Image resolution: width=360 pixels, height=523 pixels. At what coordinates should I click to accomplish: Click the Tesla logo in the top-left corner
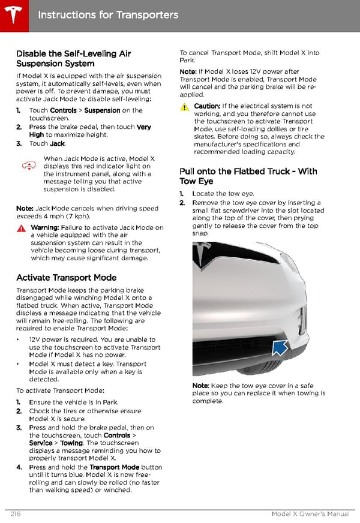13,14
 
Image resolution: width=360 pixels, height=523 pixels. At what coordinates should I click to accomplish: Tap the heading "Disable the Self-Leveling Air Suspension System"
73,58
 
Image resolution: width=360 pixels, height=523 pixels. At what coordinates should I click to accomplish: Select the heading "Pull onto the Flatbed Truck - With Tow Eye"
248,176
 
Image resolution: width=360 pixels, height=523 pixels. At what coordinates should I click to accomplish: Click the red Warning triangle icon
21,228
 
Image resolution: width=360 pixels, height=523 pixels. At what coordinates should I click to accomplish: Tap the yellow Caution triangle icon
184,106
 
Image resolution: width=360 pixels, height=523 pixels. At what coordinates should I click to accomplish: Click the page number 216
16,515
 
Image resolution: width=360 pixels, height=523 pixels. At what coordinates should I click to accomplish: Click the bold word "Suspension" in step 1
102,110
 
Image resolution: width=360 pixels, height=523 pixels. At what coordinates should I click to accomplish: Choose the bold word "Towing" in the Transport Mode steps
71,443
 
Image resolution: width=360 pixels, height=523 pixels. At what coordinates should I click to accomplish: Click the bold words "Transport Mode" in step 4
114,467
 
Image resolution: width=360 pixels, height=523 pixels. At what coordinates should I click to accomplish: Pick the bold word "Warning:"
44,228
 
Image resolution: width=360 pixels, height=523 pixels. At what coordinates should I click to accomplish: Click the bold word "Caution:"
207,106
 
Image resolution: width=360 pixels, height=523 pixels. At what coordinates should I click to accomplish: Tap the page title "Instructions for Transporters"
108,14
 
